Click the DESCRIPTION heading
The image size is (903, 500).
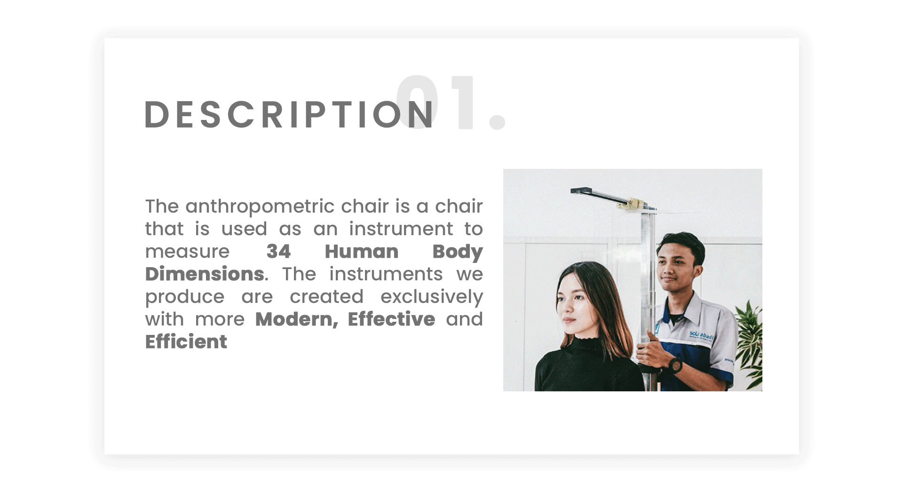[x=289, y=114]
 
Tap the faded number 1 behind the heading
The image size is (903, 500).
[x=464, y=103]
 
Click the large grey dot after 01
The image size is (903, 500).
[x=497, y=121]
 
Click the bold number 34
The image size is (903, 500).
[x=278, y=251]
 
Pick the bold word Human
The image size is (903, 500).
[x=361, y=251]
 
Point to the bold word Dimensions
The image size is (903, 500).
[x=205, y=274]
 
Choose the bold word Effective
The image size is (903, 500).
[x=391, y=319]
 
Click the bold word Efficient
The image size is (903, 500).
[x=186, y=341]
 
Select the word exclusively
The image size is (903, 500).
[x=431, y=297]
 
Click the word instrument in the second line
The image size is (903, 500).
[x=401, y=229]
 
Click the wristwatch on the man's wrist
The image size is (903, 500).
[x=675, y=365]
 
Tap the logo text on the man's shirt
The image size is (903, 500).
[x=701, y=335]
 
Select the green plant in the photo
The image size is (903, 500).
[x=749, y=343]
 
